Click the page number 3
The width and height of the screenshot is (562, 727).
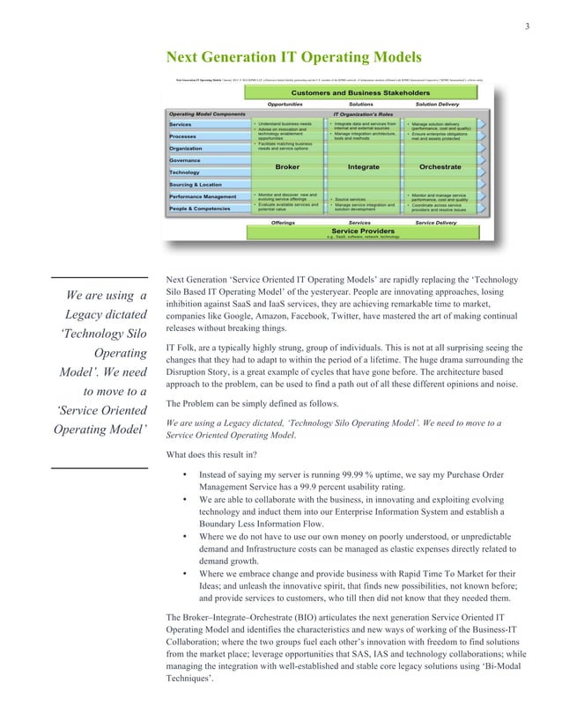[527, 25]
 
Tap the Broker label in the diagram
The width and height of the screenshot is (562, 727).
[287, 165]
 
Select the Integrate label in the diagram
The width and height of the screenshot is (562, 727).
[363, 165]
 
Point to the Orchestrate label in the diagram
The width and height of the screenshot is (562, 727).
[440, 165]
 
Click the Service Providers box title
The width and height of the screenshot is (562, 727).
[362, 231]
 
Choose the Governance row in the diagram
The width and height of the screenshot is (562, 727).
[185, 161]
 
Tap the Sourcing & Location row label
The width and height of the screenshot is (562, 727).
[195, 184]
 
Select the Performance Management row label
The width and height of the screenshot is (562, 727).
[203, 196]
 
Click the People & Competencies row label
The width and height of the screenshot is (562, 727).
[202, 208]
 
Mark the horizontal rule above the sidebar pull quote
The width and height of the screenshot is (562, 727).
[99, 273]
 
